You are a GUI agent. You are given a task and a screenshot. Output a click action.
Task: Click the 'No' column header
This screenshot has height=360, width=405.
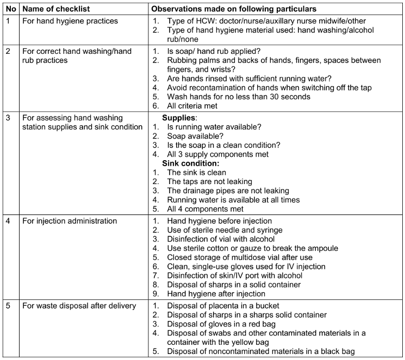(x=9, y=10)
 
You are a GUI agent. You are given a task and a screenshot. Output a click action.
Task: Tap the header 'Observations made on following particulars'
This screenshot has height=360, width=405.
(x=234, y=10)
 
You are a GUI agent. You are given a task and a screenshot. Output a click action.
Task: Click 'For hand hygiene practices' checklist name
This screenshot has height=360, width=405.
(x=67, y=21)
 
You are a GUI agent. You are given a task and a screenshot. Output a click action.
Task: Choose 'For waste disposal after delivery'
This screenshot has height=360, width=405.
(x=79, y=306)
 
